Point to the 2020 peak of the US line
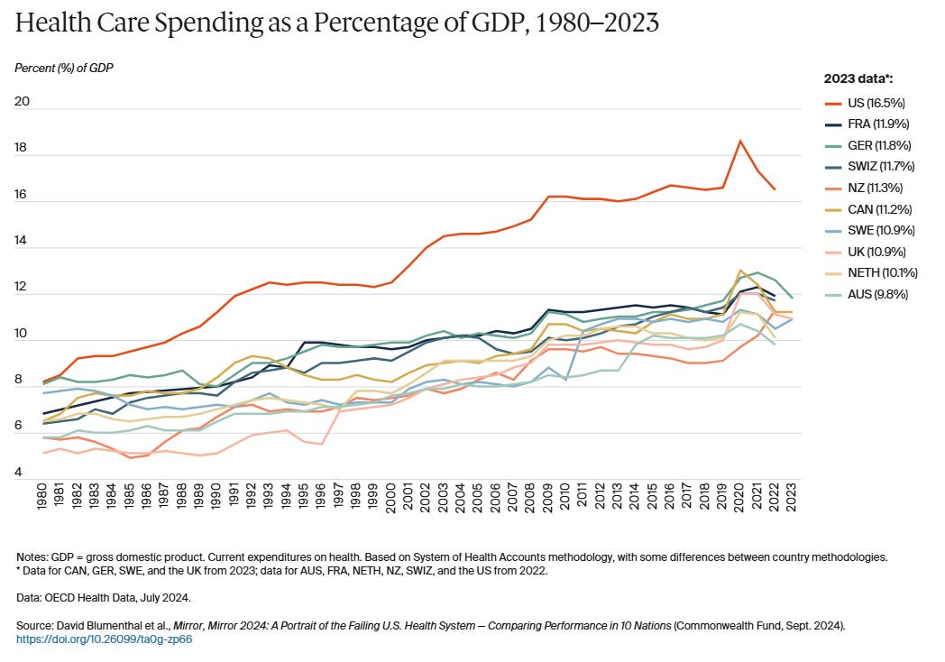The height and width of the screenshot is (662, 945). (x=739, y=141)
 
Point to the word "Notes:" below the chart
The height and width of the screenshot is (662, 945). (x=32, y=556)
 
